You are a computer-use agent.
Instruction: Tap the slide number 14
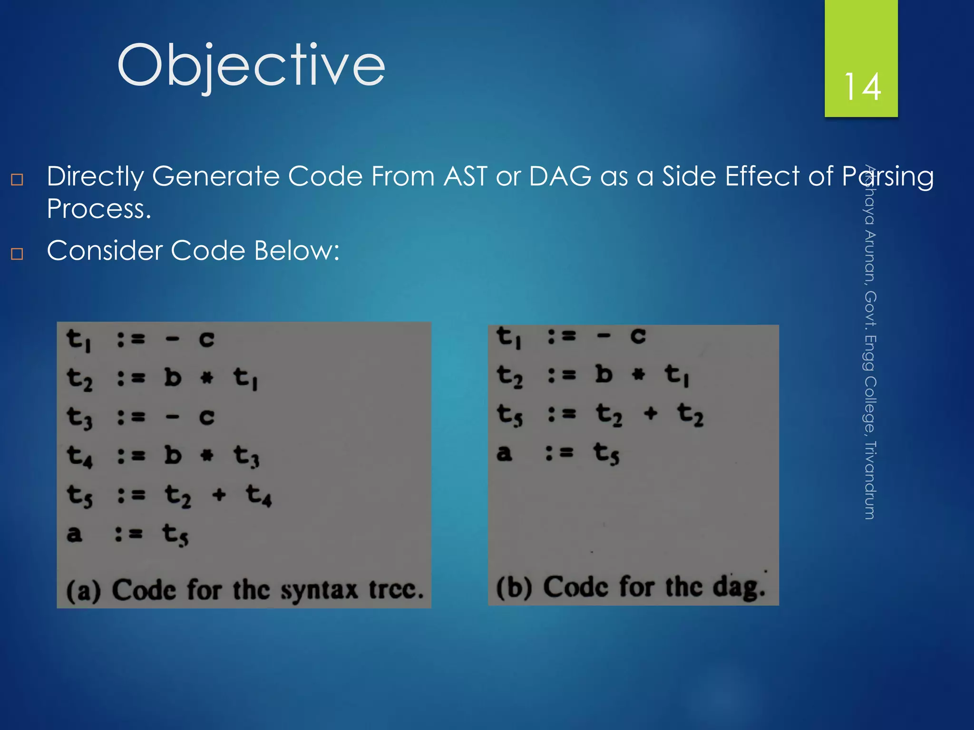click(862, 87)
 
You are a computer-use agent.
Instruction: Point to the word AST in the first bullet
click(465, 176)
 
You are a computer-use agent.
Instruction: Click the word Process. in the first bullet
click(99, 209)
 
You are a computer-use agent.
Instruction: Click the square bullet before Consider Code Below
click(17, 254)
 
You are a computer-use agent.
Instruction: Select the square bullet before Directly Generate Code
click(17, 180)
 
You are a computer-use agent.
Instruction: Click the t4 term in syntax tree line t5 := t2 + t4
click(259, 496)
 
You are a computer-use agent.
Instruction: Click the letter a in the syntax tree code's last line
click(74, 534)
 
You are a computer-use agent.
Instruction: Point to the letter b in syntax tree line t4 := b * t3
click(173, 456)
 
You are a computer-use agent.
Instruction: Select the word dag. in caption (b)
click(739, 587)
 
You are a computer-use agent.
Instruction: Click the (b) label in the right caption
click(514, 587)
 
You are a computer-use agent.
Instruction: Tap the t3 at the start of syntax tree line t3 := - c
click(79, 418)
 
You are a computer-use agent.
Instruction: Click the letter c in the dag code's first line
click(638, 336)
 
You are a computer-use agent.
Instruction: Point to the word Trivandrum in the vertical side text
click(869, 480)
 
